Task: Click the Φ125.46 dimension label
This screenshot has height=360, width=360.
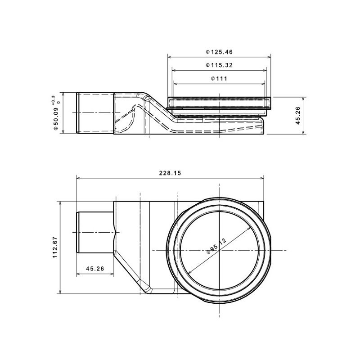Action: [x=219, y=52]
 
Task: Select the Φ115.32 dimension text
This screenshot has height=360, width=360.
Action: [x=219, y=65]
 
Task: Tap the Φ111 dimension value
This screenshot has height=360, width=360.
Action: [x=219, y=78]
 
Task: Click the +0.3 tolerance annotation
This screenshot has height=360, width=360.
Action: [x=53, y=100]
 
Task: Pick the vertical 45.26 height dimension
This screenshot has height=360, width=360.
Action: [x=298, y=116]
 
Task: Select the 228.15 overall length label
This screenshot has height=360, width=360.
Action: [x=170, y=173]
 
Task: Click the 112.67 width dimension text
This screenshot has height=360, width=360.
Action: [x=55, y=247]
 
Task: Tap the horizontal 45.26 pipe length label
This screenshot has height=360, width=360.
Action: [x=95, y=268]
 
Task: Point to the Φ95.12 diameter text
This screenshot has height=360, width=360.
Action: [x=216, y=246]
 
